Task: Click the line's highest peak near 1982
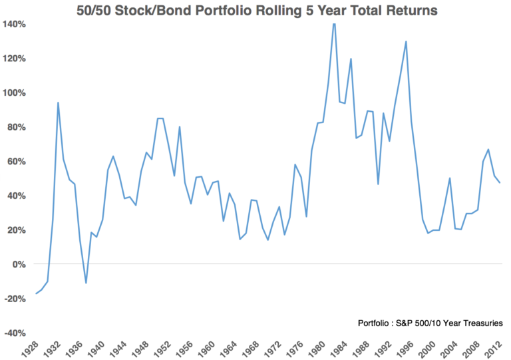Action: (x=334, y=23)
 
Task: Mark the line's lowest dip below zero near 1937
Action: (x=86, y=283)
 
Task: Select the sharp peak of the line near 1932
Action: (x=59, y=102)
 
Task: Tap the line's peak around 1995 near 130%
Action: (x=406, y=41)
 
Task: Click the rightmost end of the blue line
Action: (x=500, y=182)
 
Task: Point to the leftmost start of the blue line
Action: (x=36, y=293)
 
